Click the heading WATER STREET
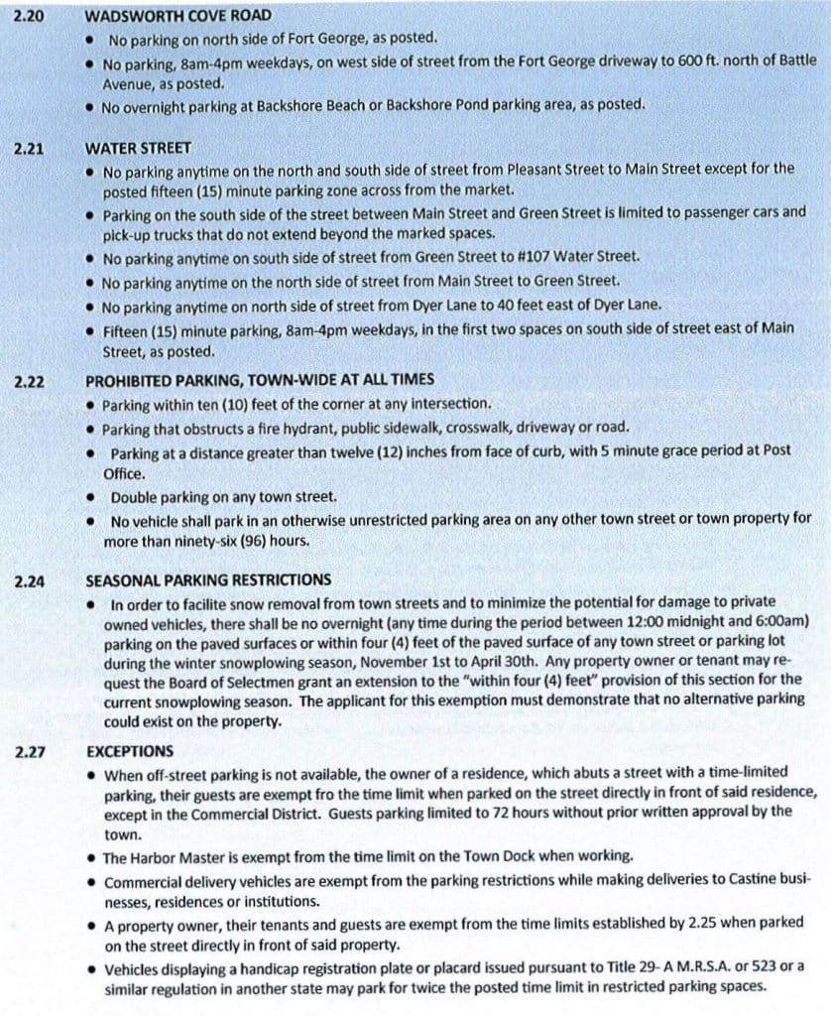click(x=138, y=148)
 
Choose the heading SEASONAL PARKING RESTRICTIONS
click(x=208, y=580)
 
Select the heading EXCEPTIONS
click(x=129, y=751)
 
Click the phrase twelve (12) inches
click(x=436, y=450)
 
